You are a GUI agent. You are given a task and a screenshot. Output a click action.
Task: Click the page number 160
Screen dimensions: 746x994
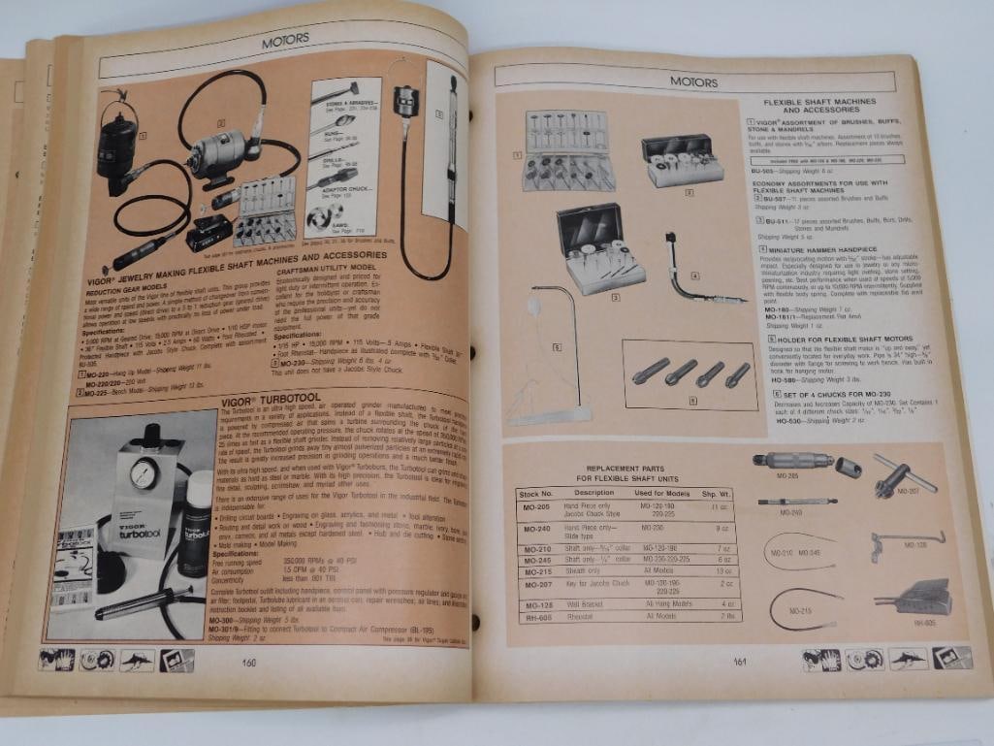click(248, 664)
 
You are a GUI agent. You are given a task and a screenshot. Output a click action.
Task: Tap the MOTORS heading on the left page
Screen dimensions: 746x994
click(285, 41)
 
